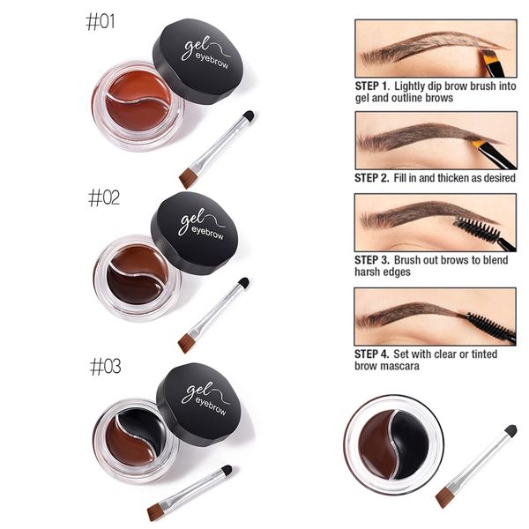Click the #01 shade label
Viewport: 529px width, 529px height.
[x=101, y=22]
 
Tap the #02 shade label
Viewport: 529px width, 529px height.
[x=104, y=197]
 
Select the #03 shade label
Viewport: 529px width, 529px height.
[x=105, y=367]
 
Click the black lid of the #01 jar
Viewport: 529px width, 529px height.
[x=198, y=61]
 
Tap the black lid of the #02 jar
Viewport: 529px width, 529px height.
[x=195, y=233]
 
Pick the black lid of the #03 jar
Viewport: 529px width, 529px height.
[x=199, y=404]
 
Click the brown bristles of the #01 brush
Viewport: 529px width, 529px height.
[x=188, y=178]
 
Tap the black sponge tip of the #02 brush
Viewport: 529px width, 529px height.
[x=243, y=282]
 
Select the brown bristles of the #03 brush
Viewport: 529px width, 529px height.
[x=155, y=513]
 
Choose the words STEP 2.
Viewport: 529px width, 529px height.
[x=372, y=178]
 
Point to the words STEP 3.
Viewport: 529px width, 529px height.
[x=372, y=260]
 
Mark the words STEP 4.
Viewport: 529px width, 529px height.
[x=371, y=354]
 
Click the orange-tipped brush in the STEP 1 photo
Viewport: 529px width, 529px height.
[x=493, y=63]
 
